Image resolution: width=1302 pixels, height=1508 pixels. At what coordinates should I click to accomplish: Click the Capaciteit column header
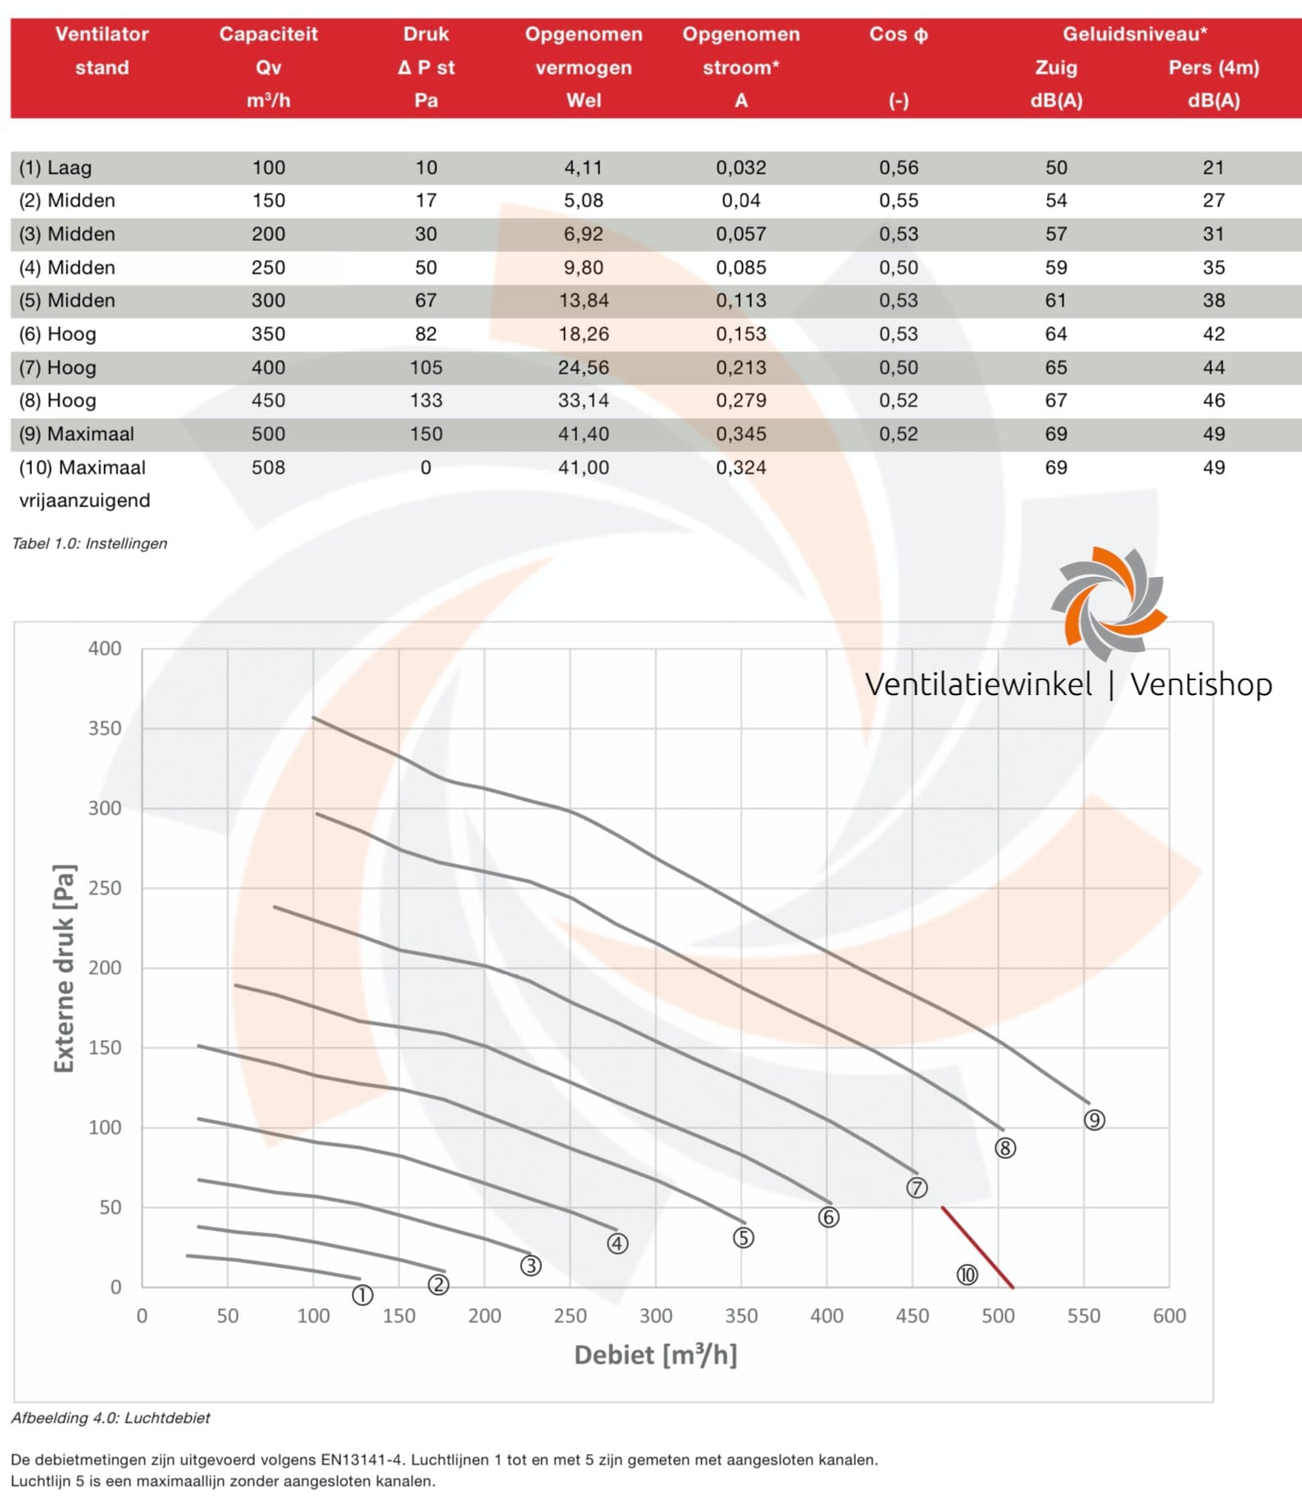[x=268, y=34]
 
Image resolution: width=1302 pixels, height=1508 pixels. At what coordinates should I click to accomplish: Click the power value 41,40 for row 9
[x=583, y=434]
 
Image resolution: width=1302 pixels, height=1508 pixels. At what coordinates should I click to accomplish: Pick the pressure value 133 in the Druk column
[x=426, y=401]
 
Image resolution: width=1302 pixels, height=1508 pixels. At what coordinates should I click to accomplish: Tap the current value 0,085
[x=740, y=268]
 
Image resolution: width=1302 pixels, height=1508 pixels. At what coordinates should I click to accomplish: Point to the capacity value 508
[x=268, y=468]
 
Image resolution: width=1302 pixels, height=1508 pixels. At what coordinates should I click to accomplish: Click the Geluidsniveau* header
[x=1134, y=34]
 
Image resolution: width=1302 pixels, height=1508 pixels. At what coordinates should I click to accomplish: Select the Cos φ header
[x=899, y=34]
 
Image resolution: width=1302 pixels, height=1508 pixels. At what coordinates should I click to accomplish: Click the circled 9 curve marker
[x=1094, y=1120]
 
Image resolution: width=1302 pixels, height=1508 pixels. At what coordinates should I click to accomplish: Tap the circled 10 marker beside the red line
[x=967, y=1274]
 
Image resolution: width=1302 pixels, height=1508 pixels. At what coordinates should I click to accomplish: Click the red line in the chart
[x=977, y=1247]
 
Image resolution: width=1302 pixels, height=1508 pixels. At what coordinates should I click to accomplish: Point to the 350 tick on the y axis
[x=105, y=728]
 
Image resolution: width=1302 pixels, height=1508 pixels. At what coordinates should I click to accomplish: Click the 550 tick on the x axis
[x=1083, y=1315]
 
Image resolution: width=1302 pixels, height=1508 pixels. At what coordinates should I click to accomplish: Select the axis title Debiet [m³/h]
[x=655, y=1355]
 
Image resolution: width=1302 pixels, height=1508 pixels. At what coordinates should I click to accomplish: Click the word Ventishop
[x=1200, y=684]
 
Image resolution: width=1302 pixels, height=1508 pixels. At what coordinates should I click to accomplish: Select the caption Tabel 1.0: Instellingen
[x=89, y=543]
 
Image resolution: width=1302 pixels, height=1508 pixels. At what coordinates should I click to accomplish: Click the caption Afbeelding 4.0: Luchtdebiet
[x=111, y=1418]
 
